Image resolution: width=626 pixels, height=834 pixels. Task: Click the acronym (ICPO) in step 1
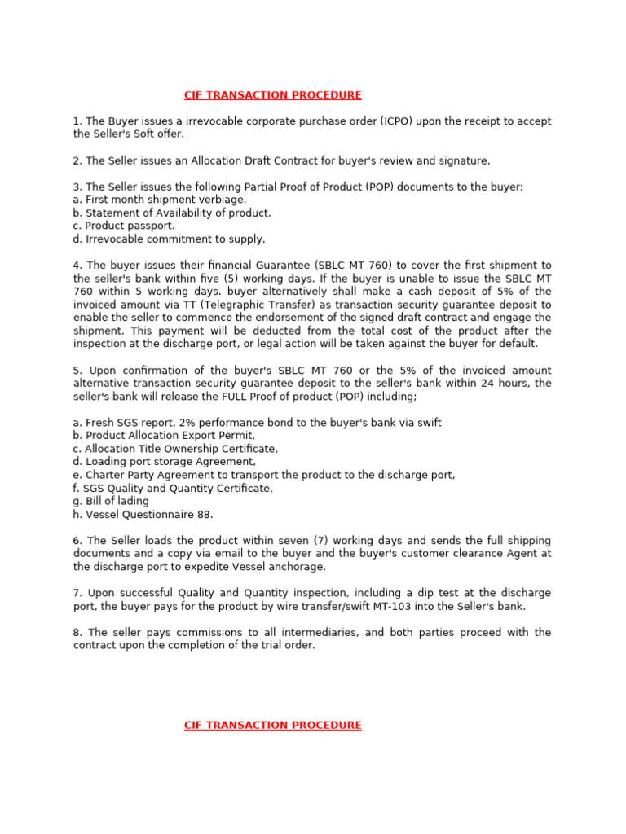tap(397, 121)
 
